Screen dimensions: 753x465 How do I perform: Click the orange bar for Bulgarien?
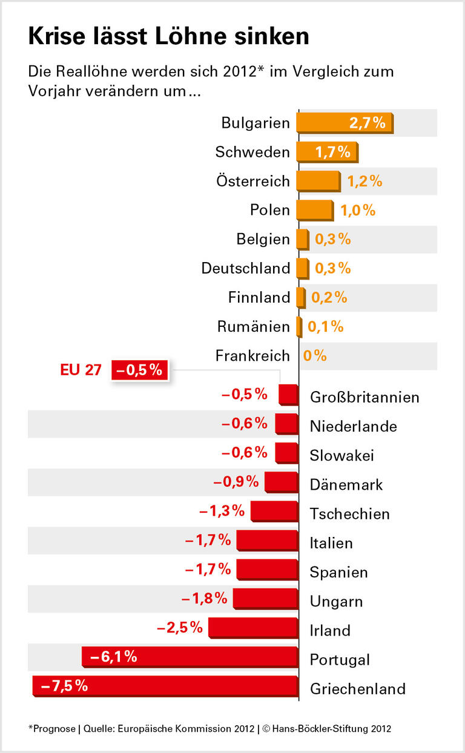coord(344,123)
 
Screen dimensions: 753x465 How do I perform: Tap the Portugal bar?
coord(190,657)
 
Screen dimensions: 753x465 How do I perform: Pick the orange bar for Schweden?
coord(327,152)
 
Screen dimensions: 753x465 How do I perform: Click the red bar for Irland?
coord(253,628)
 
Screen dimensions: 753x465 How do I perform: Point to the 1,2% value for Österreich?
coord(364,181)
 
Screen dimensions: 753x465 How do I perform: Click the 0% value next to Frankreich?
coord(315,356)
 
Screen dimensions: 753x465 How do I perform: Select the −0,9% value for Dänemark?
coord(236,482)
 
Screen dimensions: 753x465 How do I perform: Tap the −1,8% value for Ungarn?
coord(204,599)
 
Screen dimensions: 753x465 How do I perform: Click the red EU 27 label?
coord(81,370)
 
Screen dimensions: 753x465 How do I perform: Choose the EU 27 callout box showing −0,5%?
coord(139,370)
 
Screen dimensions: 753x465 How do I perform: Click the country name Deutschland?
coord(246,268)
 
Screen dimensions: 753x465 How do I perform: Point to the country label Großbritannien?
coord(364,398)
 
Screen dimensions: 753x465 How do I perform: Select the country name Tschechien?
coord(349,515)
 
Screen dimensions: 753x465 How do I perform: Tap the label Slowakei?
coord(341,456)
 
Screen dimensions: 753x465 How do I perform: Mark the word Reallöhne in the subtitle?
coord(93,71)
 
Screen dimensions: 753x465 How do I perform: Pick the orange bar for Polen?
coord(314,210)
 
